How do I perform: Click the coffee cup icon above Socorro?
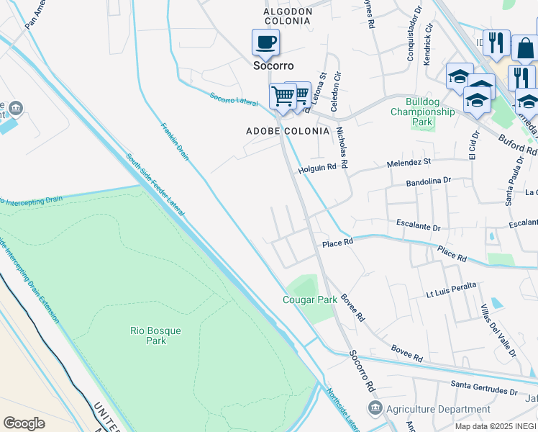coord(265,42)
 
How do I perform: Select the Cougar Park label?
coord(310,299)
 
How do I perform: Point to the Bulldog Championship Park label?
coord(422,112)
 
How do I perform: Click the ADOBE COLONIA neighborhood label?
coord(288,131)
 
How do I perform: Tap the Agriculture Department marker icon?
coord(374,409)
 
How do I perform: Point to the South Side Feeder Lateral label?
coord(155,184)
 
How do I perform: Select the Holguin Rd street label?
coord(317,167)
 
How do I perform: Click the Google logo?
coord(24,423)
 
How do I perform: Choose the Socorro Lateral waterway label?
coord(234,100)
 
